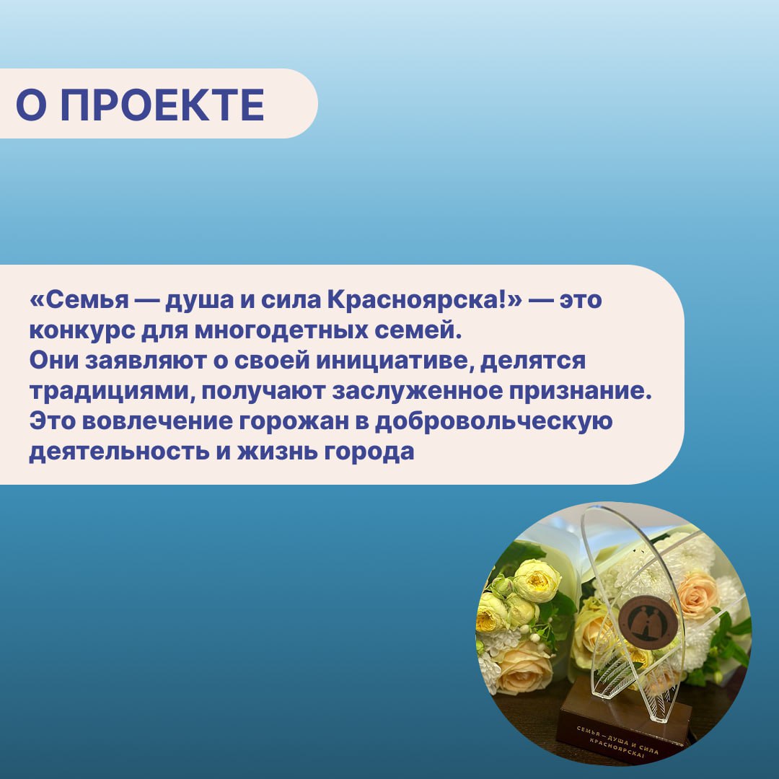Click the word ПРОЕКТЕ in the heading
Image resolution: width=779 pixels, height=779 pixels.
tap(162, 105)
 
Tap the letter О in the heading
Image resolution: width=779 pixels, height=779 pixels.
tap(31, 105)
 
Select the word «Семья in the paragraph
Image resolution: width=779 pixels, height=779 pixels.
tap(79, 300)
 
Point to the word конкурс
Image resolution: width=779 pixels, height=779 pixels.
tap(82, 331)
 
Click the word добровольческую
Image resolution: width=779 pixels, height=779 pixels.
tap(493, 422)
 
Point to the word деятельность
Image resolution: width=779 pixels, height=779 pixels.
tap(119, 452)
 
